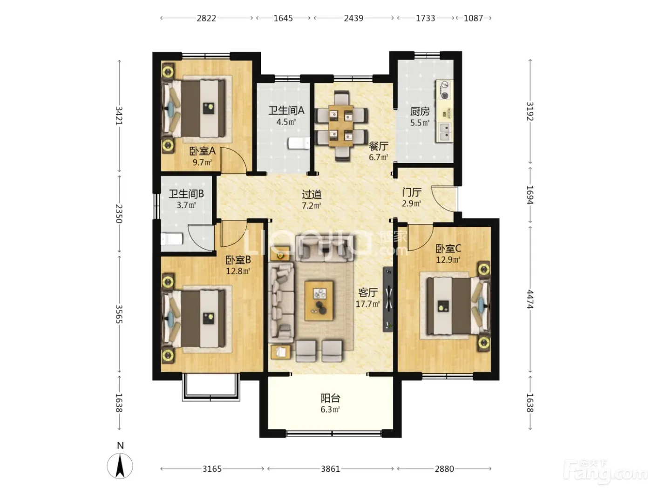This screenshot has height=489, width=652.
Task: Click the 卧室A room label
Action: (x=202, y=151)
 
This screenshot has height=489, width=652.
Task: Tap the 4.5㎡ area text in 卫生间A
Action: (x=286, y=122)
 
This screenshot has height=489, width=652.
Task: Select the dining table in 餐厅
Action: (x=341, y=126)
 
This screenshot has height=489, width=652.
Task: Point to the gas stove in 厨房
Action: (x=444, y=90)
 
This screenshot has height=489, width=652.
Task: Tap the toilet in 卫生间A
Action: (x=299, y=143)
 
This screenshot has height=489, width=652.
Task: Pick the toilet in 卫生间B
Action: (x=171, y=239)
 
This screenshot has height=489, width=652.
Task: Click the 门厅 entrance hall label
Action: (x=411, y=192)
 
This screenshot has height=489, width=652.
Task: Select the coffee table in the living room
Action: (x=319, y=301)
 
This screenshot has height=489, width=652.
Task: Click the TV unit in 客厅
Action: (x=388, y=299)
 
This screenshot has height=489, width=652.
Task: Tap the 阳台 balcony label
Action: (x=330, y=398)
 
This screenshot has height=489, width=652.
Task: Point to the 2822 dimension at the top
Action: (x=206, y=18)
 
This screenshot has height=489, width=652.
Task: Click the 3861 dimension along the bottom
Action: (x=330, y=469)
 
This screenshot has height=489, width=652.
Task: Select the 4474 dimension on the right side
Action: (x=530, y=299)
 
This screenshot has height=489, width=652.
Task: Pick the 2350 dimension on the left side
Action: (x=119, y=213)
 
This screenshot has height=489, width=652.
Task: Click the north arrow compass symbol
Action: (x=120, y=466)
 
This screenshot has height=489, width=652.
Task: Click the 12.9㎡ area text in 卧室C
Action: (x=448, y=260)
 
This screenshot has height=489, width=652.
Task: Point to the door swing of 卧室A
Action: (x=233, y=160)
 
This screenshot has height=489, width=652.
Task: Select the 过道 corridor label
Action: (x=312, y=195)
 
